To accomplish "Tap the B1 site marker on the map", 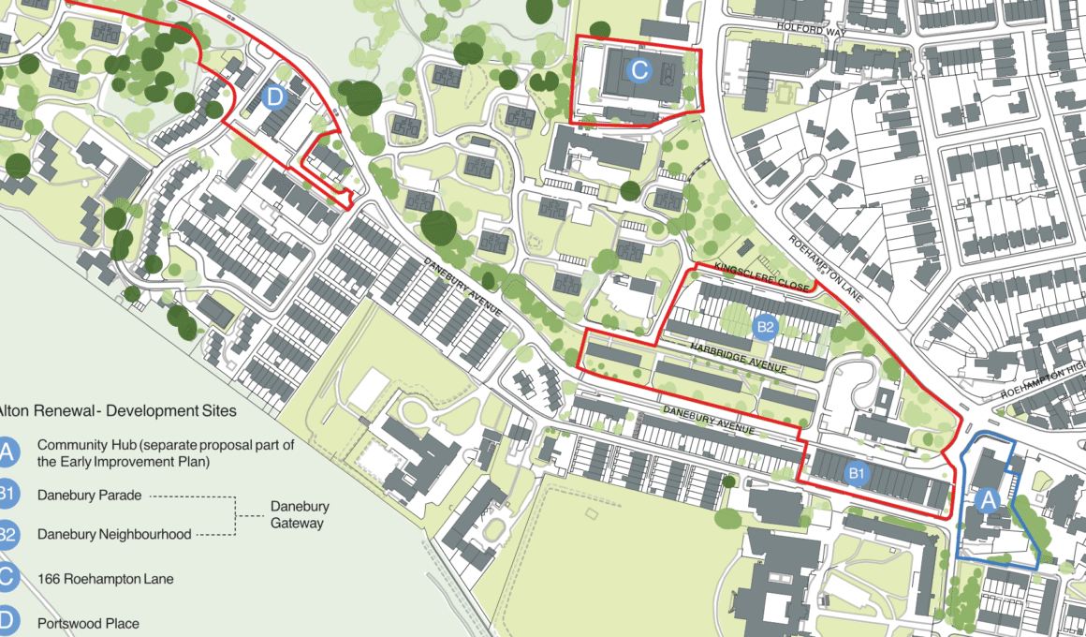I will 856,474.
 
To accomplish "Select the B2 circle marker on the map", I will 766,327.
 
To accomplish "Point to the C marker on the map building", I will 638,69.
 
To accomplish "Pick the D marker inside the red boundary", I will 273,96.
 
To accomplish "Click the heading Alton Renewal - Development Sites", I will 117,410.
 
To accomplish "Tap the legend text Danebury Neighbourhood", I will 114,534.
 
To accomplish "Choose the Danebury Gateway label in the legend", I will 300,514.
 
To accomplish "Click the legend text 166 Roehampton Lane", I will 106,579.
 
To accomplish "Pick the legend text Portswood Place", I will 88,622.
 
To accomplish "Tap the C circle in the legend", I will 6,579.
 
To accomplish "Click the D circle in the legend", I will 6,622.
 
